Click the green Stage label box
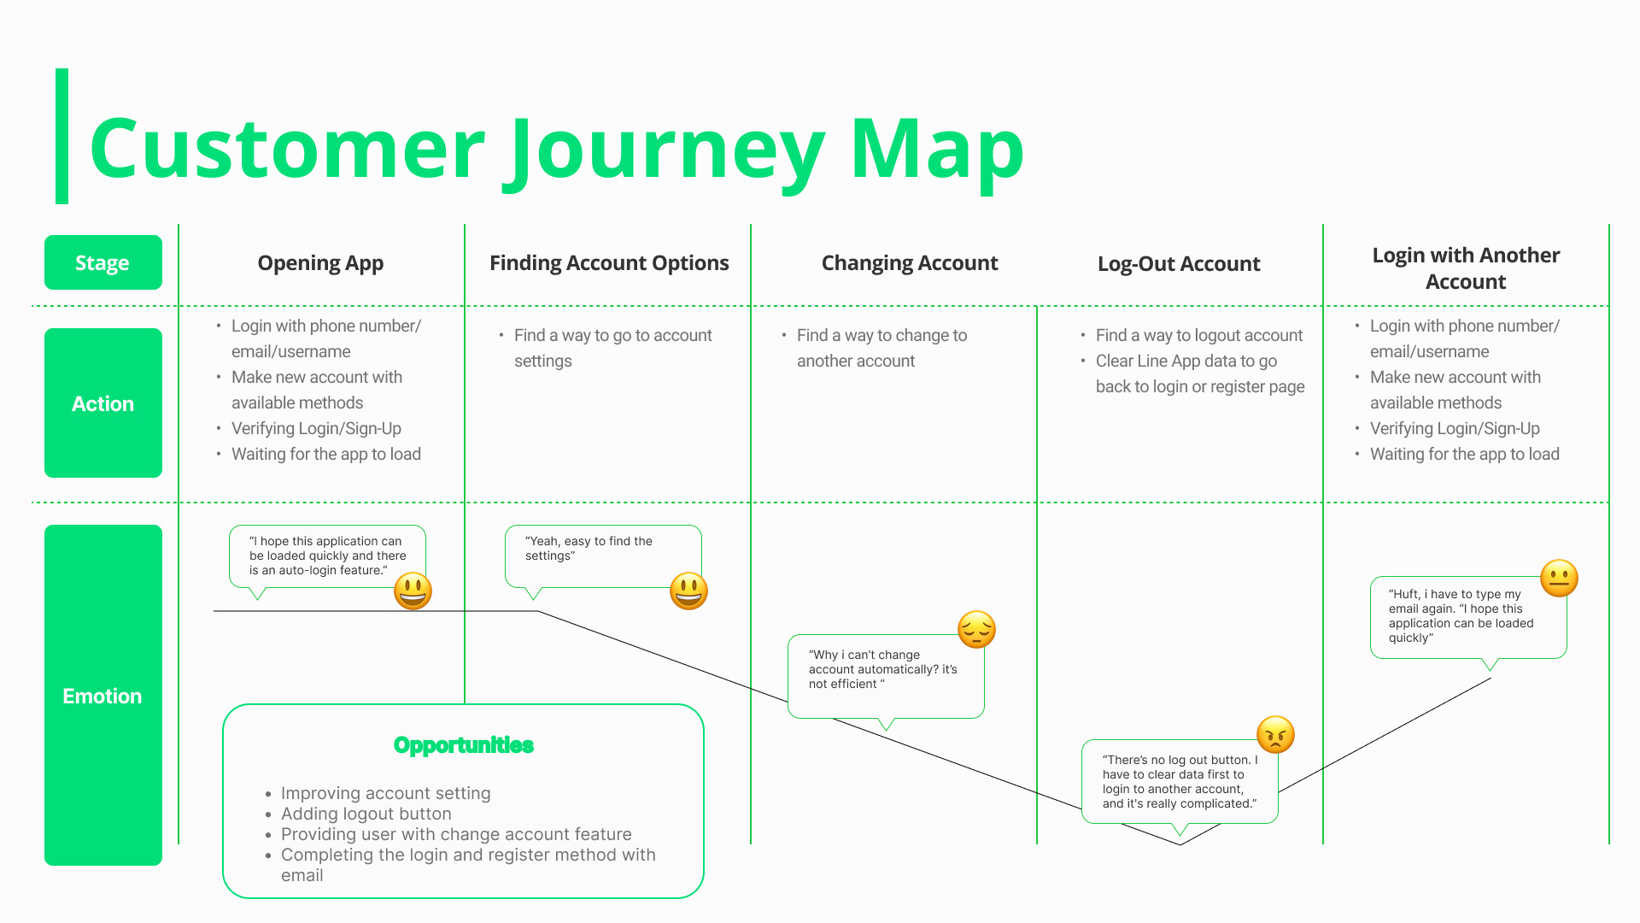click(x=102, y=262)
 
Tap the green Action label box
click(x=102, y=403)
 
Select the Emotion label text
click(x=102, y=696)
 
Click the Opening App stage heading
click(x=320, y=263)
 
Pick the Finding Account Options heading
click(x=609, y=263)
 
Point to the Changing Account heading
click(x=910, y=263)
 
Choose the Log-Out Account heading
click(x=1179, y=264)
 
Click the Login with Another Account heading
click(x=1466, y=268)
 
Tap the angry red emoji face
click(x=1275, y=734)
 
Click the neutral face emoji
click(x=1559, y=579)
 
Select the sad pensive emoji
click(x=976, y=630)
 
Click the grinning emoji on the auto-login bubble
click(x=413, y=591)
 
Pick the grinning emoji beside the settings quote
click(x=688, y=591)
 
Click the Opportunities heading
click(x=463, y=745)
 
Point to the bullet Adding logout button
click(x=366, y=814)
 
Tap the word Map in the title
click(x=937, y=150)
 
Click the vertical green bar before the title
click(x=61, y=137)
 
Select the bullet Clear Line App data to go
click(x=1186, y=361)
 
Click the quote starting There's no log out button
click(x=1179, y=781)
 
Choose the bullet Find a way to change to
click(x=881, y=335)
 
